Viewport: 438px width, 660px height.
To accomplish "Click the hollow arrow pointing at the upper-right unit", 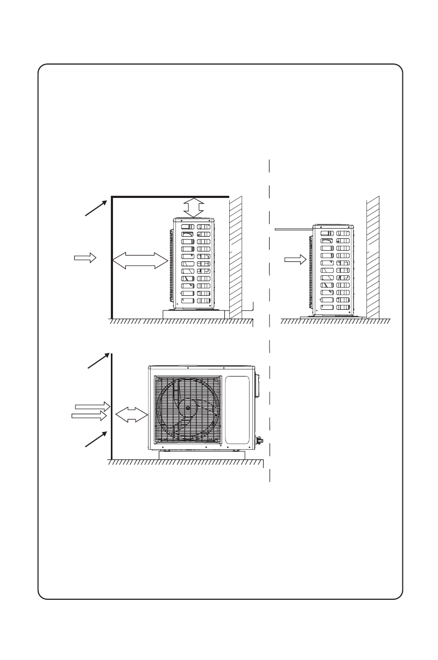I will (294, 260).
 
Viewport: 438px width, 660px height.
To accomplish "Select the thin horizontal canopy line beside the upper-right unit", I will (293, 229).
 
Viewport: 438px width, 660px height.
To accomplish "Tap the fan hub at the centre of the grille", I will (187, 408).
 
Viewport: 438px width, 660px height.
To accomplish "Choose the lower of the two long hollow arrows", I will (89, 416).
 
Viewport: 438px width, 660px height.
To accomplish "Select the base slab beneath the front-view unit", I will (202, 455).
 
